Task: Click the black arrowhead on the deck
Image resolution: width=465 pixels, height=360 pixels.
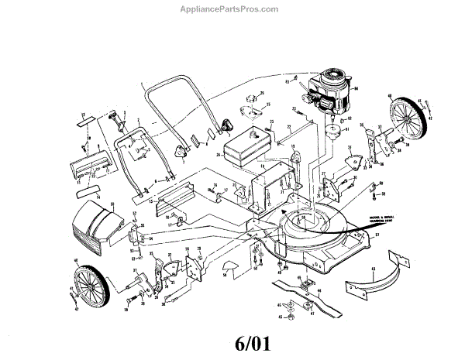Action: click(x=285, y=210)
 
